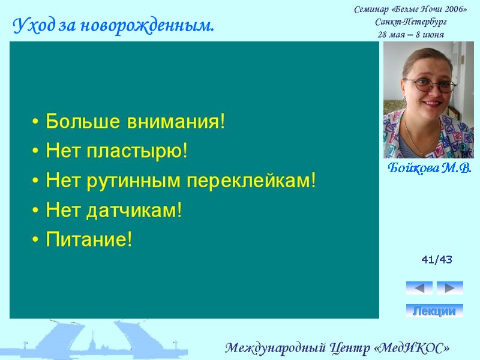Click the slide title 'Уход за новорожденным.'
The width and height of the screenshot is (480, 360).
point(113,26)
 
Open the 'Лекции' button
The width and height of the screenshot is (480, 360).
point(434,311)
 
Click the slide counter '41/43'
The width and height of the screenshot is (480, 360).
point(437,260)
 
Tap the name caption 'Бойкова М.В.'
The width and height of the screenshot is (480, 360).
point(430,168)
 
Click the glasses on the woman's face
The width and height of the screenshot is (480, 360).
point(430,85)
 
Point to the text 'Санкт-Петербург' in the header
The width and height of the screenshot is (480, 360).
point(410,22)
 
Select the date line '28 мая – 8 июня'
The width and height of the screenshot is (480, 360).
point(410,34)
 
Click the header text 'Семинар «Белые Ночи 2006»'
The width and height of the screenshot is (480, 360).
point(410,9)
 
